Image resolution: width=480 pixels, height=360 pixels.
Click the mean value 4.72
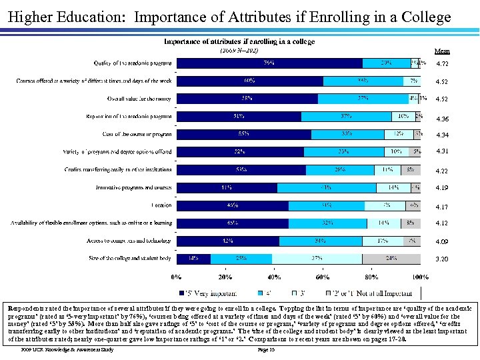tap(442, 64)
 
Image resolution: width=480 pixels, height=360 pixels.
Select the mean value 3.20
tap(442, 259)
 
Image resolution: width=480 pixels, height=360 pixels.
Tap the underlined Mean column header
tap(442, 51)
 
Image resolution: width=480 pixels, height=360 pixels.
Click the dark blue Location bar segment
tap(231, 205)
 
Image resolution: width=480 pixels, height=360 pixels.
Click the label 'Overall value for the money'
tap(139, 99)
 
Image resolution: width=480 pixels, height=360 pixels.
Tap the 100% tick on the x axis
tap(419, 277)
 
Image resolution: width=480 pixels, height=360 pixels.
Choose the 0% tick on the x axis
tap(177, 277)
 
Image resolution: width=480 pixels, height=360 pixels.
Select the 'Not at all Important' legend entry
tap(387, 293)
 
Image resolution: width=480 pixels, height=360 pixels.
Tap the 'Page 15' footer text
tap(267, 349)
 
